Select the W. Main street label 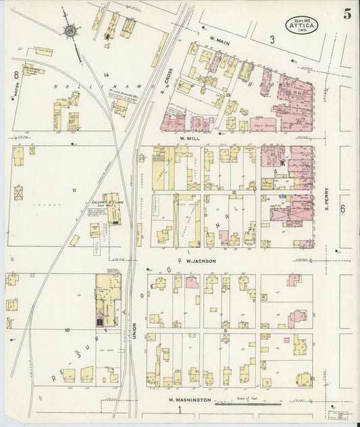coord(220,39)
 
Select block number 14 coord(106,74)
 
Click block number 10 coord(67,330)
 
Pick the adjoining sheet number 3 coord(272,40)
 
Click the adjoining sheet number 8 coord(14,74)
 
